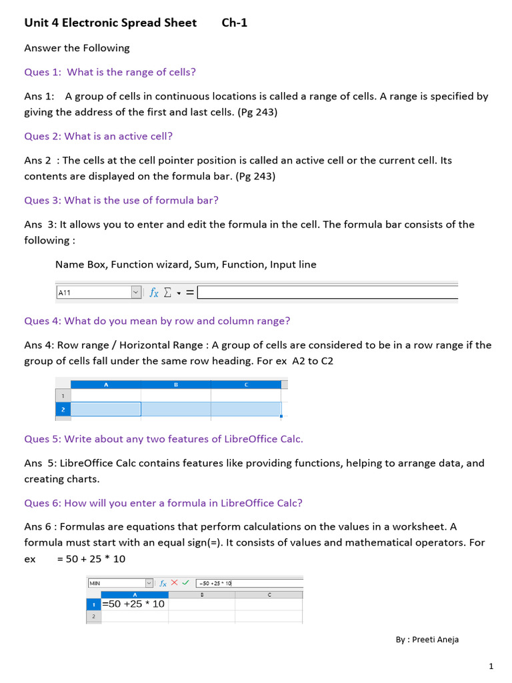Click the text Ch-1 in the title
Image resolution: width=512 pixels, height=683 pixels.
[x=234, y=23]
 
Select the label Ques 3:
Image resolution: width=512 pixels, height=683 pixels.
[x=43, y=200]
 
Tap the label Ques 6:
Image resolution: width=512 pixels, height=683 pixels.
[x=43, y=503]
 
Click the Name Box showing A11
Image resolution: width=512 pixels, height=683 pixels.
[x=93, y=292]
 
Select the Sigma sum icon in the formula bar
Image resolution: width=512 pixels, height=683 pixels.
[x=168, y=292]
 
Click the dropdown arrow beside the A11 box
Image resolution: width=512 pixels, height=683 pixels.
[x=136, y=292]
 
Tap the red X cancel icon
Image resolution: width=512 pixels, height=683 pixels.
[x=175, y=582]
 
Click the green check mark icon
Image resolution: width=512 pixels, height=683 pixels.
[x=185, y=582]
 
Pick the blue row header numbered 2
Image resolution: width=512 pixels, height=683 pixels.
[x=63, y=409]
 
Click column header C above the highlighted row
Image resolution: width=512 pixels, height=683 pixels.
[x=247, y=384]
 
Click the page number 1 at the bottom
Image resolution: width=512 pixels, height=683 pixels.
[x=491, y=666]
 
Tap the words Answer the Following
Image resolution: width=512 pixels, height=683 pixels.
[x=77, y=48]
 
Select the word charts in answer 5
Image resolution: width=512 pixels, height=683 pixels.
[x=84, y=479]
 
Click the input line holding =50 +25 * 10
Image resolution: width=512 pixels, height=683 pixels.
[x=248, y=583]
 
